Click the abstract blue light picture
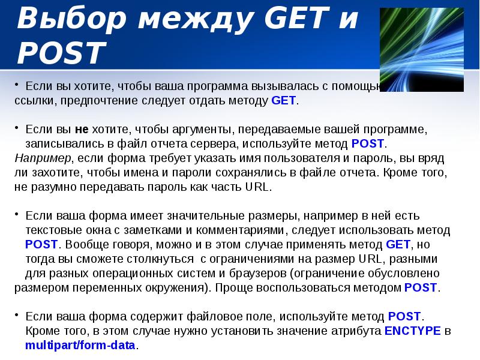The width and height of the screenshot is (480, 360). pos(422,50)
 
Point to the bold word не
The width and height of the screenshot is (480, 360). pos(82,130)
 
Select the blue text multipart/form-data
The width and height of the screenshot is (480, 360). pos(81,346)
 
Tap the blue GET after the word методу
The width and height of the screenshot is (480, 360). pos(284,101)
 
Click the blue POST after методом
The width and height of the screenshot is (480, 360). pos(421,287)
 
